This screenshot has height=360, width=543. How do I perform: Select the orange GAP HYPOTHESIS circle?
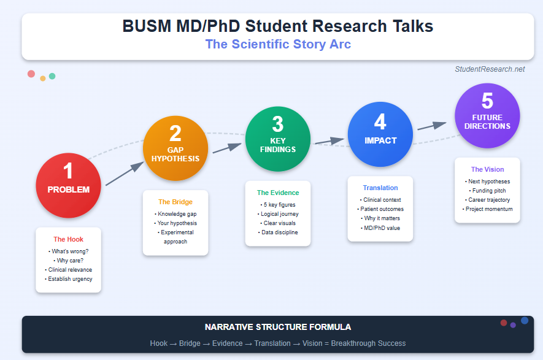coord(175,148)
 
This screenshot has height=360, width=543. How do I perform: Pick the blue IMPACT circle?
coord(380,133)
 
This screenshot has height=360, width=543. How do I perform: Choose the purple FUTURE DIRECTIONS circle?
coord(487,115)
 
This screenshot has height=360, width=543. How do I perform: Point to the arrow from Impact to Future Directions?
coord(432,126)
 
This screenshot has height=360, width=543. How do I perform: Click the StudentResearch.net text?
coord(490,69)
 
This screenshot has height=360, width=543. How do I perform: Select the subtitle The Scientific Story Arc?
coord(278,44)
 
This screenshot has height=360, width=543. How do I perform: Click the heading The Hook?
coord(68,239)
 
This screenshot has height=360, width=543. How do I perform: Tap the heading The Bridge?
coord(175,202)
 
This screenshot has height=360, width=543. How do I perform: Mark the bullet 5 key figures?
coord(278,204)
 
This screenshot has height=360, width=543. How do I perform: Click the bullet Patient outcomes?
coord(380,209)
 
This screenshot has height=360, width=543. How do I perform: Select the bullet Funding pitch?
coord(487,191)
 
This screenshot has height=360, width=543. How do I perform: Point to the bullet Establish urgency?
coord(68,279)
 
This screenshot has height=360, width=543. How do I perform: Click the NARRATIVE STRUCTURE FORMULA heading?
coord(278,327)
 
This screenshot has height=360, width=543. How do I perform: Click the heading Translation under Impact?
coord(380,188)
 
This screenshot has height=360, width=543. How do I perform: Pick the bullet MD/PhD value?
coord(380,228)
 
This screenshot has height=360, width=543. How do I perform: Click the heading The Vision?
coord(487,169)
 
